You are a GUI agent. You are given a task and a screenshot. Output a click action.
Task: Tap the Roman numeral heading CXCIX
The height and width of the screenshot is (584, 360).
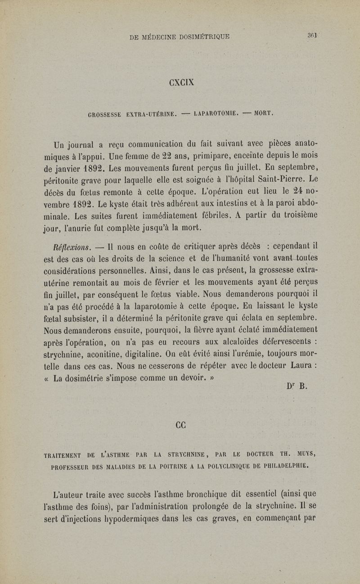pos(180,83)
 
